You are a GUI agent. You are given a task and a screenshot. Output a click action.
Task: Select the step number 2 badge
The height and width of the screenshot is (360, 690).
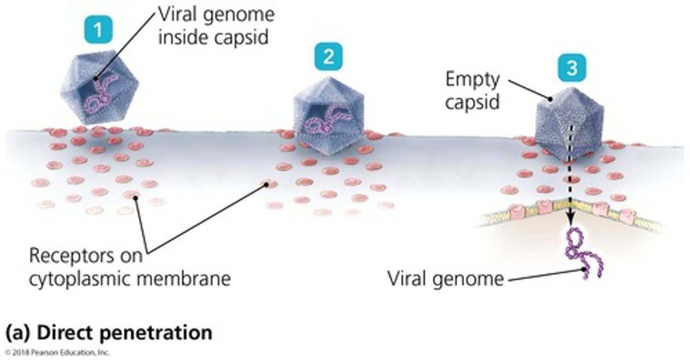[328, 58]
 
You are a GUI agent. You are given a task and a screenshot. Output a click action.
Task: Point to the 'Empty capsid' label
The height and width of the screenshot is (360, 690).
[472, 91]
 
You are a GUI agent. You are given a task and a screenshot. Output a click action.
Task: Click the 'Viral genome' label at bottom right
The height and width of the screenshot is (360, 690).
[446, 279]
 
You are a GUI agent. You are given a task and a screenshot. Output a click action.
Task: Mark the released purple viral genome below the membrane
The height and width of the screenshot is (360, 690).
[582, 252]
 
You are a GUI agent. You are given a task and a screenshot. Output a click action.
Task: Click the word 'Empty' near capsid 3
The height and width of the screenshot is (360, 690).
[472, 80]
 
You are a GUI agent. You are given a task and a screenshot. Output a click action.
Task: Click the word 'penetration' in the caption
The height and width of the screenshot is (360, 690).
[159, 332]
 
